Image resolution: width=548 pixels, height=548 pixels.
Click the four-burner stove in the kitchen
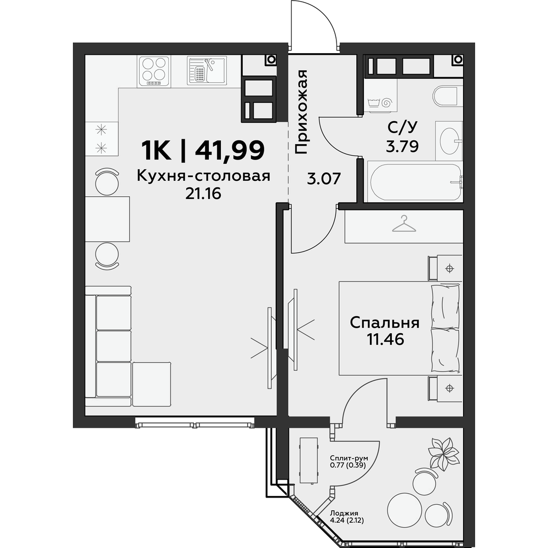coord(155,71)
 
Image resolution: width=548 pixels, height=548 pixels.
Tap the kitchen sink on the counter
coord(207,71)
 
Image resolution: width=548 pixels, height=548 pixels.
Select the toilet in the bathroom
coord(445,96)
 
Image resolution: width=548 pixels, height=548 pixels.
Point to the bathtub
coord(415,182)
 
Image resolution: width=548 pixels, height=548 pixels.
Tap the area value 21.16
coord(203,193)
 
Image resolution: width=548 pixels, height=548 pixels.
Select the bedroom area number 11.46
coord(385,339)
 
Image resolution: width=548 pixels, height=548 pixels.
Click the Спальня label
coord(385,323)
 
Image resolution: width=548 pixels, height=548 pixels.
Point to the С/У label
coord(402,128)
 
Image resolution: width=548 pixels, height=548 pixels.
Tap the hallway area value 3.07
coord(324,179)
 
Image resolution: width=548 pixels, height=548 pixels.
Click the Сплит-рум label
coord(349,458)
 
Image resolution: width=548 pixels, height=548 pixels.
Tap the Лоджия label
coord(344,513)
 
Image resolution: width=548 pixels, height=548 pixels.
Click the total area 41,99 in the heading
coord(229,150)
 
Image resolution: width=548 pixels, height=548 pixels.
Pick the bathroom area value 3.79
coord(402,147)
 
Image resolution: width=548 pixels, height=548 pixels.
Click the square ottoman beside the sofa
coord(152,384)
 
